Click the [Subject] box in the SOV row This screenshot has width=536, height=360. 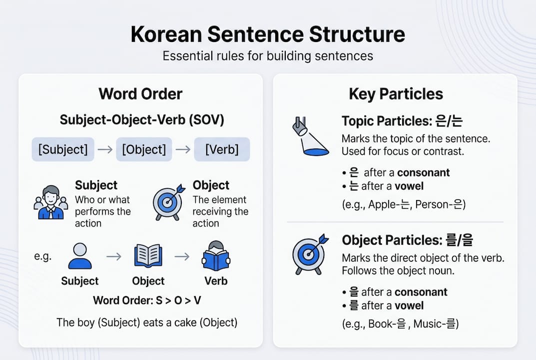[63, 149]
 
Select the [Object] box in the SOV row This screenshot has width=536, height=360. [144, 149]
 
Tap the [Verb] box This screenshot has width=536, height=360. [222, 149]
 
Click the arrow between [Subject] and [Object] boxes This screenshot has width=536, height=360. [105, 149]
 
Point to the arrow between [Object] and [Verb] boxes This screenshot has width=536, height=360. [183, 149]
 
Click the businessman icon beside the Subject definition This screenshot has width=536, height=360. [50, 202]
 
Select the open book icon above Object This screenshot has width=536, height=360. [148, 256]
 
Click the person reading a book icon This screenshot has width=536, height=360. [216, 256]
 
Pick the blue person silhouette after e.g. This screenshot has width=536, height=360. [79, 256]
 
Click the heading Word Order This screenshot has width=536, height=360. [140, 94]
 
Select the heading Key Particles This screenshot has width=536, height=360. [396, 94]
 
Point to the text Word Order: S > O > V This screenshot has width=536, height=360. [147, 300]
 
